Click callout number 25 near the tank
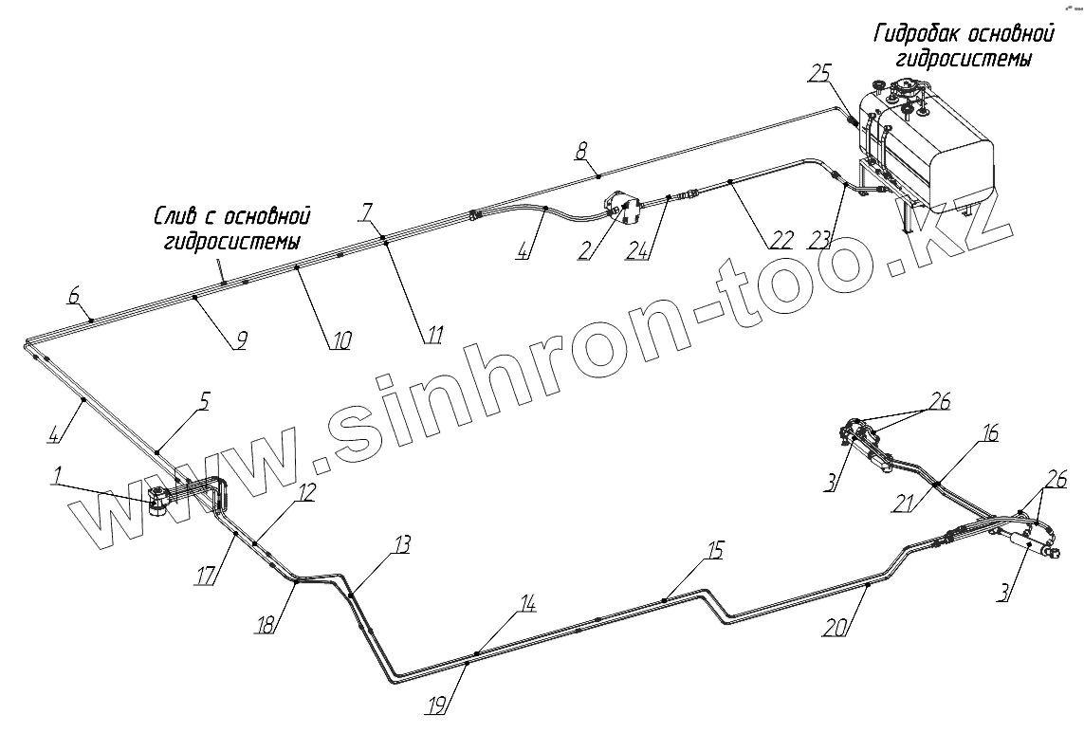820,74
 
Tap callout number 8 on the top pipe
581,150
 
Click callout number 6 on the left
73,296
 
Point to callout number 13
403,545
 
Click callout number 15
714,549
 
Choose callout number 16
990,434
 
